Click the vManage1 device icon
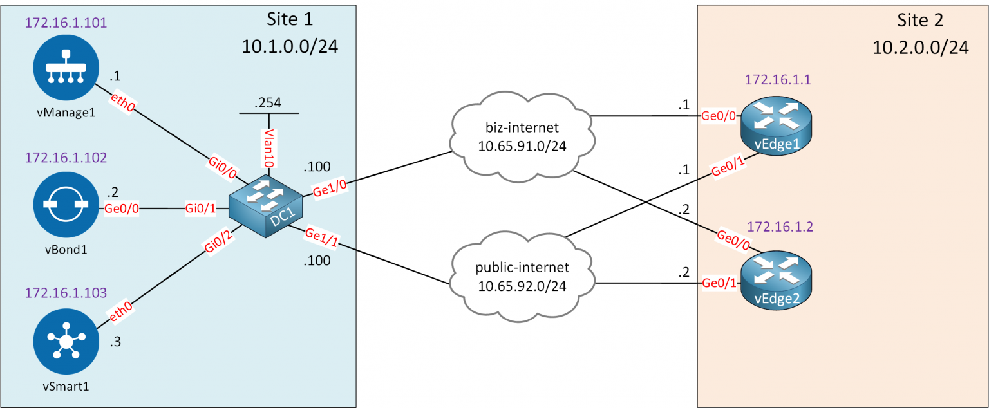[66, 68]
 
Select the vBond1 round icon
[66, 209]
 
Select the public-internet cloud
[522, 277]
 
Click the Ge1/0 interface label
[330, 187]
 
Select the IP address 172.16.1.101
[66, 23]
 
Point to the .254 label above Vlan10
[268, 103]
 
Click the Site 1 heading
[290, 19]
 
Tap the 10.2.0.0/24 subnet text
[920, 48]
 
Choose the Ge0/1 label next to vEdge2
[719, 283]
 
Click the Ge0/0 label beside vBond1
[124, 209]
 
